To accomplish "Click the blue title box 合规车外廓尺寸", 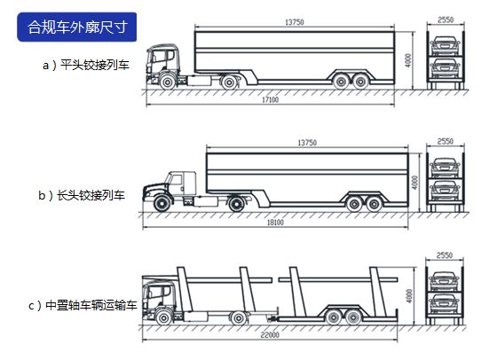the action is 77,27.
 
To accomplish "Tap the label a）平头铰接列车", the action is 86,66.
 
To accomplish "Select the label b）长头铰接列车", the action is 82,195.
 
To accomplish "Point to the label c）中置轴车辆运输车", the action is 83,306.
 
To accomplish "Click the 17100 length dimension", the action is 271,99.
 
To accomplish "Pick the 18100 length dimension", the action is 275,223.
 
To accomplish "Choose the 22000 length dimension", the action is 270,334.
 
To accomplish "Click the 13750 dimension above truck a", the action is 295,22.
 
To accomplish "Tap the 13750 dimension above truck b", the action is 307,143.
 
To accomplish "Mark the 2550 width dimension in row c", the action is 445,255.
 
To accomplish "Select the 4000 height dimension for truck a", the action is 408,60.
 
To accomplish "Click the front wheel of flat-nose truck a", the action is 168,82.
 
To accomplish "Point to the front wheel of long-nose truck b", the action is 162,203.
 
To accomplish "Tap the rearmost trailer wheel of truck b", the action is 374,204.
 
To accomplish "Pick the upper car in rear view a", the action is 445,45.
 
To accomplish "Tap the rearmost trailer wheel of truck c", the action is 353,317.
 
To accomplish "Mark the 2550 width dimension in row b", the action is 446,141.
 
